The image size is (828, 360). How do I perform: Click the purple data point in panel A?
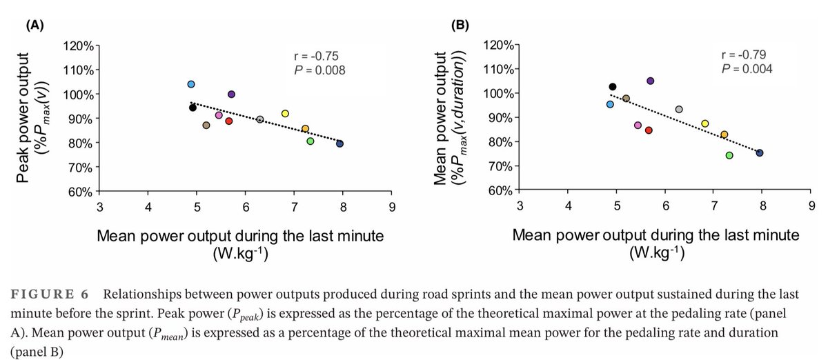click(231, 94)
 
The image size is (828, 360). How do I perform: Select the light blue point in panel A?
click(191, 84)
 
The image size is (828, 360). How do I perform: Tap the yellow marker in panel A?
click(285, 113)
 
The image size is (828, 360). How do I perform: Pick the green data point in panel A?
click(310, 141)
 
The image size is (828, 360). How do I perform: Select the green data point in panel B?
click(729, 155)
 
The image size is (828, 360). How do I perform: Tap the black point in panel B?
click(612, 87)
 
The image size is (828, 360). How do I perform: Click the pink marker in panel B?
click(638, 125)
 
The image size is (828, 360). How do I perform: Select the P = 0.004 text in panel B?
click(747, 69)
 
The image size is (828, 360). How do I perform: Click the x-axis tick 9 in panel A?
click(392, 206)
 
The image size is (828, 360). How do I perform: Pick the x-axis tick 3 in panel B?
click(520, 206)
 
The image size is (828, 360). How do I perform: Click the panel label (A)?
click(36, 26)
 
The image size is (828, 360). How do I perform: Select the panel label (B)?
click(460, 26)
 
